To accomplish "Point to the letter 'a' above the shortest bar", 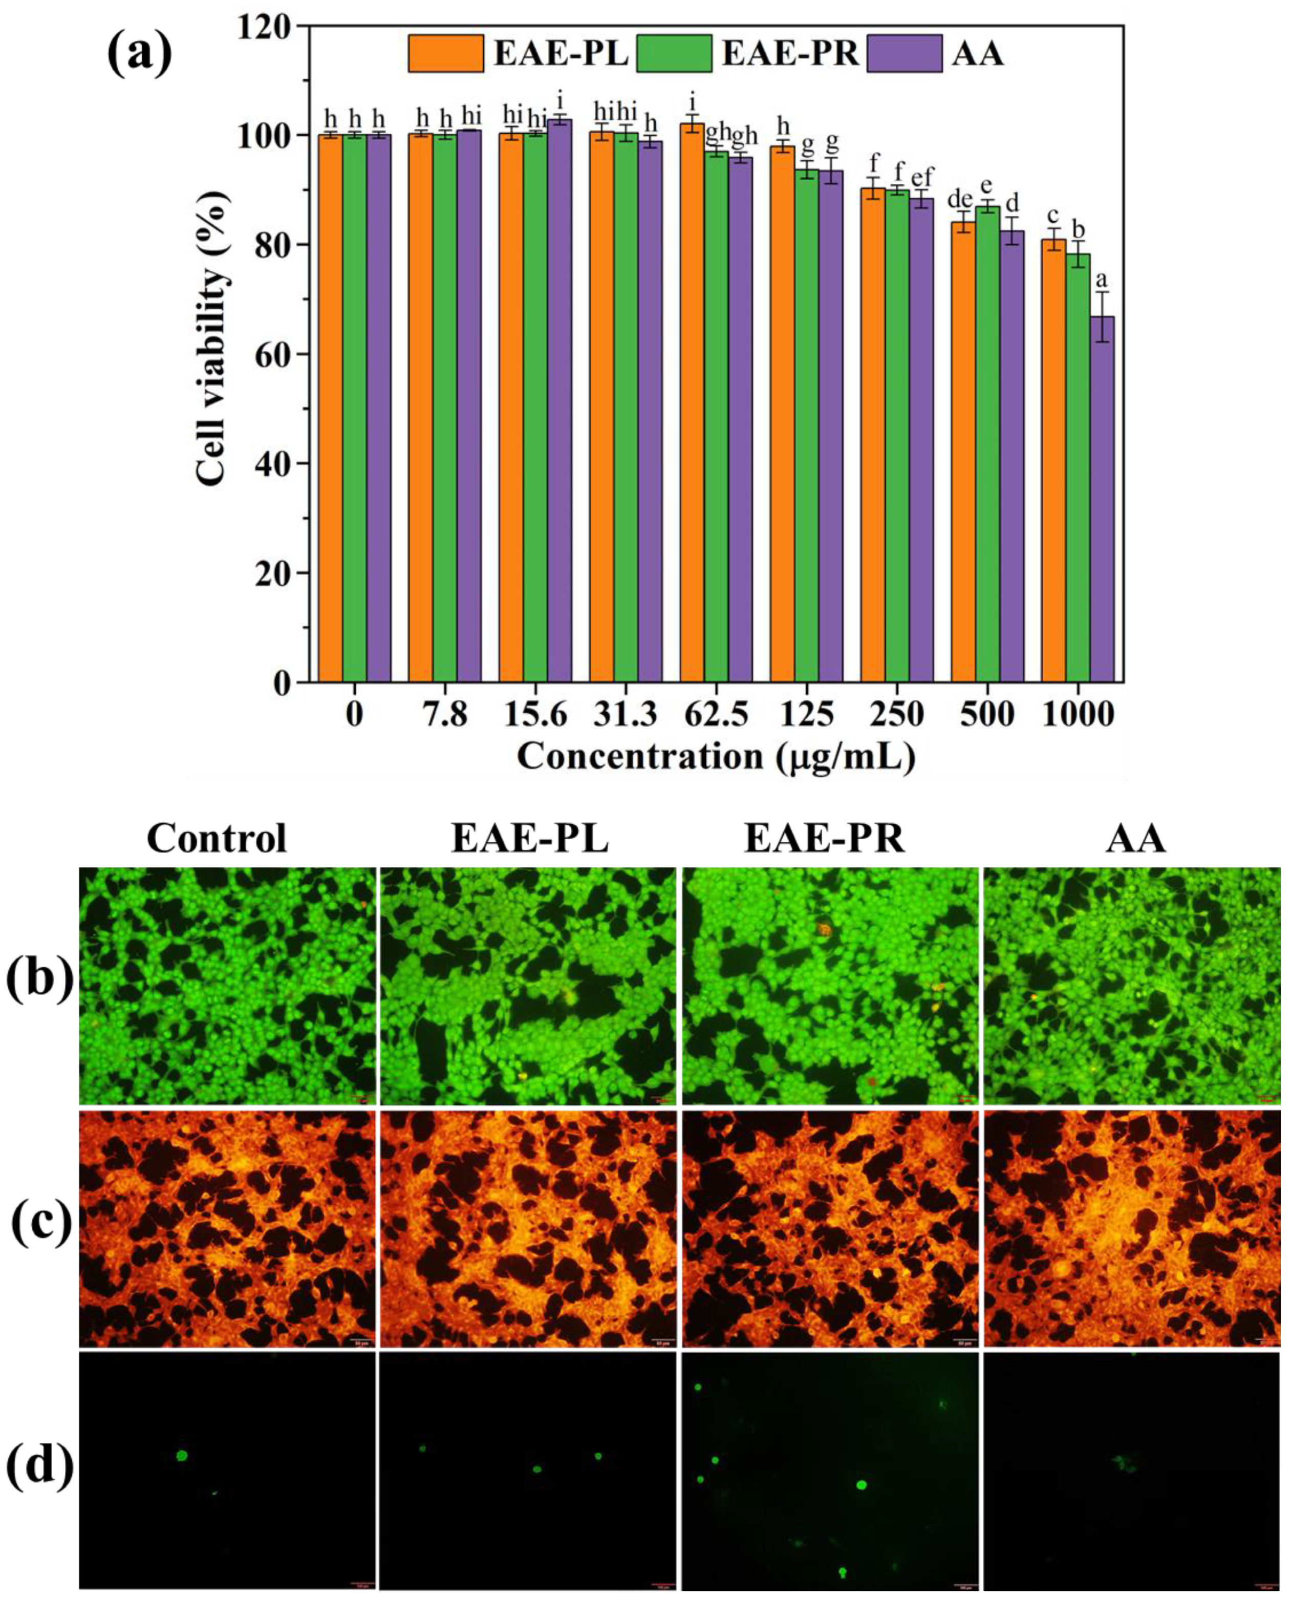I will coord(1102,281).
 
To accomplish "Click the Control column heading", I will coord(217,838).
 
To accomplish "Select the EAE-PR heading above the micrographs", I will coord(825,838).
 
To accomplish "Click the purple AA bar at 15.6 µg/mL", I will coord(559,402).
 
